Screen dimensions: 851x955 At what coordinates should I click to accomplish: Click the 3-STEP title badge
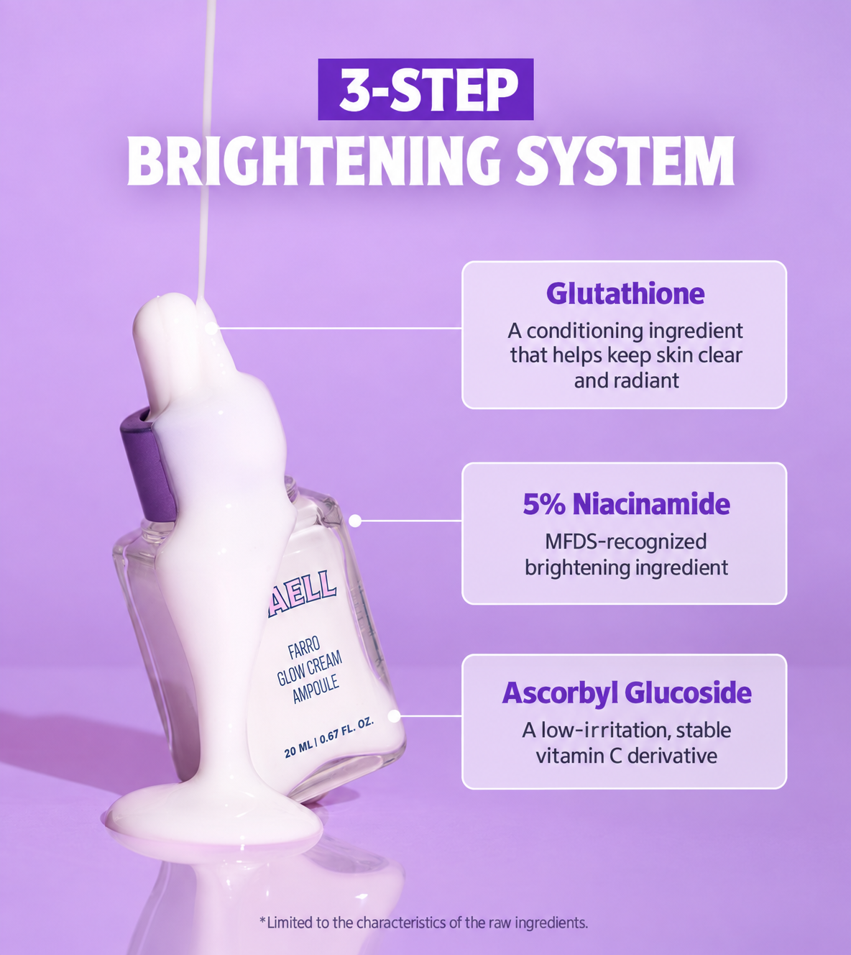(x=425, y=89)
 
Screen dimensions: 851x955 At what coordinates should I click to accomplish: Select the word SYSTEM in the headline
(x=625, y=161)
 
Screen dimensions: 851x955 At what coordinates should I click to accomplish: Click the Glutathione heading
(x=625, y=293)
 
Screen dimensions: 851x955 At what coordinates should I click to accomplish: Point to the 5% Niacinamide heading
(x=626, y=504)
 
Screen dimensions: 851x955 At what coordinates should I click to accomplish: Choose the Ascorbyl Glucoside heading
(x=626, y=693)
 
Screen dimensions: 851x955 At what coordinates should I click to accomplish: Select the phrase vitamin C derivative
(x=626, y=756)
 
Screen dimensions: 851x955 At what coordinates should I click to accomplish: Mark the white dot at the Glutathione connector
(x=211, y=328)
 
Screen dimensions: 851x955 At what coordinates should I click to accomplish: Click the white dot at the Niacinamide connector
(x=355, y=521)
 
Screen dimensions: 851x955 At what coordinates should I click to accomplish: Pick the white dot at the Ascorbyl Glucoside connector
(x=394, y=716)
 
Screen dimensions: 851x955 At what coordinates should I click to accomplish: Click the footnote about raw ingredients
(x=423, y=923)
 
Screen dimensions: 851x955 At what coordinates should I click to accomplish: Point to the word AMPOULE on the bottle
(x=316, y=689)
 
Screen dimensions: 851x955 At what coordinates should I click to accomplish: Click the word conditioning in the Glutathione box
(x=585, y=331)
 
